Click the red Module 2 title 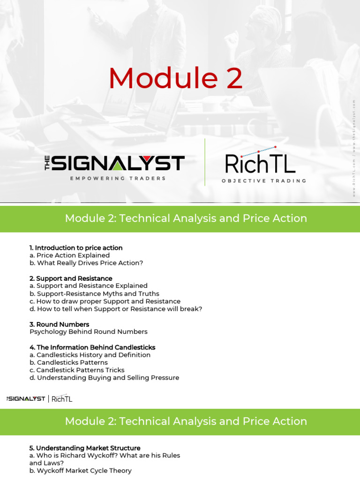(x=176, y=79)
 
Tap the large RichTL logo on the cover (x=260, y=162)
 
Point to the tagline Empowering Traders (x=118, y=179)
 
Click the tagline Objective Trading (x=264, y=180)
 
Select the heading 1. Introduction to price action (x=76, y=247)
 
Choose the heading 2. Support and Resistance (x=71, y=278)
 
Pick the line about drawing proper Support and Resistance (x=105, y=301)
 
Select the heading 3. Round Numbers (x=59, y=324)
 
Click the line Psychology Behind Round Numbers (x=89, y=332)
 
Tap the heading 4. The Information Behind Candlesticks (x=92, y=347)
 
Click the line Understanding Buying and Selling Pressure (x=104, y=378)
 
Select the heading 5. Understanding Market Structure (x=85, y=448)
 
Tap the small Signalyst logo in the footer (x=26, y=399)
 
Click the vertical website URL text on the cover (x=354, y=148)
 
